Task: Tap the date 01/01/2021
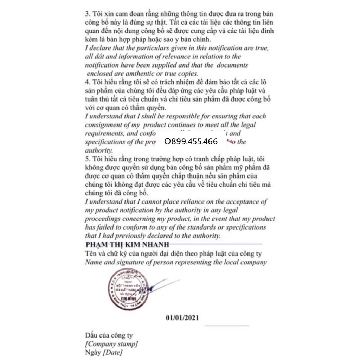(182, 318)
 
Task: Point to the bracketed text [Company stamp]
(111, 343)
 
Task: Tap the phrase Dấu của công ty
(109, 335)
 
